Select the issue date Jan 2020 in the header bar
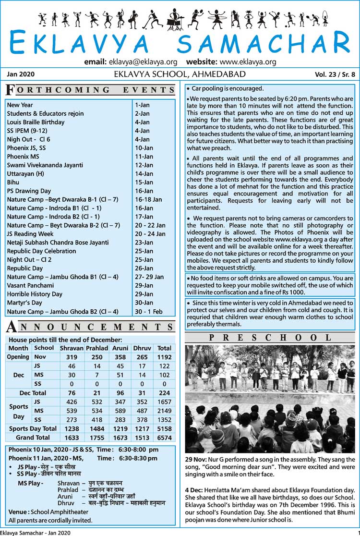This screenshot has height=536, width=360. click(21, 74)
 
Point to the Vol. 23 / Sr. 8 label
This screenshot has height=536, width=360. click(335, 74)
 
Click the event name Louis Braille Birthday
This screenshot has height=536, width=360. click(36, 122)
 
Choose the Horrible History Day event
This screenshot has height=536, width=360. click(35, 294)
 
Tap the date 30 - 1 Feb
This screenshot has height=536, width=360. click(150, 312)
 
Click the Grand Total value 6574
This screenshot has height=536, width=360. click(164, 438)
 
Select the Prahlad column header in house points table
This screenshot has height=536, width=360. click(96, 348)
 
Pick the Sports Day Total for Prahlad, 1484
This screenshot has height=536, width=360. click(96, 429)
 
